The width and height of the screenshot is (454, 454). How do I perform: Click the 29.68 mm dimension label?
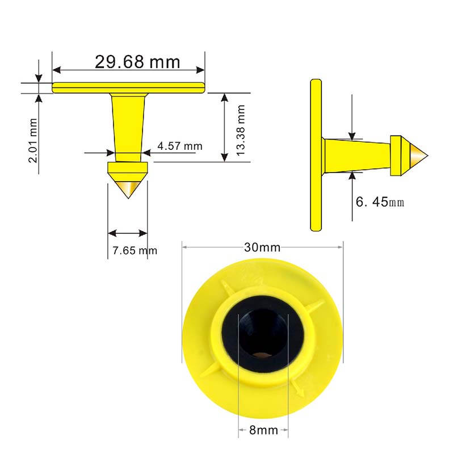(x=137, y=62)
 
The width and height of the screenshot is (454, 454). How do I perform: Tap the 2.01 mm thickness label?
(x=33, y=140)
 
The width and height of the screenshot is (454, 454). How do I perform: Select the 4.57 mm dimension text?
(x=180, y=146)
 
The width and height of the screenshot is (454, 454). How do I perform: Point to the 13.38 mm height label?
(x=241, y=131)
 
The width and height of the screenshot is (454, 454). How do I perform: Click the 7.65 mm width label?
(x=135, y=250)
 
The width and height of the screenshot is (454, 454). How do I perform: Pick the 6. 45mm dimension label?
(x=380, y=202)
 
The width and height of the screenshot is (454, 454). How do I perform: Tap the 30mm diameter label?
(x=262, y=247)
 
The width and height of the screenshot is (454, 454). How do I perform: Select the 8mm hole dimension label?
(x=263, y=430)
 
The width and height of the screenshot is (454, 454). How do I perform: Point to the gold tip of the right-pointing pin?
(x=419, y=155)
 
